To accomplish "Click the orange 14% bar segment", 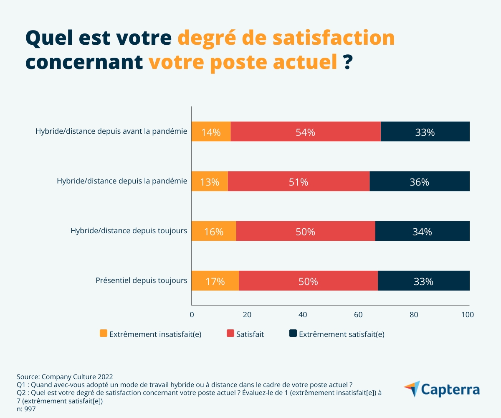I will (x=211, y=132).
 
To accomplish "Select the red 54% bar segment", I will (x=305, y=132).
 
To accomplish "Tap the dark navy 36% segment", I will (x=420, y=181).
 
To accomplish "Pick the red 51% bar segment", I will (x=299, y=181).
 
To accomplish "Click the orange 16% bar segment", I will (x=214, y=231).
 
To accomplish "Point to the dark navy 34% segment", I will (x=422, y=231).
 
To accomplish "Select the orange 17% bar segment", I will (x=215, y=280).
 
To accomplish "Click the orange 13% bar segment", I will (x=210, y=181).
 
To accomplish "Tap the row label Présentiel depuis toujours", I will (x=141, y=280).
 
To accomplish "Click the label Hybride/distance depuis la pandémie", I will (x=121, y=181).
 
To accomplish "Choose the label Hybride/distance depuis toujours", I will (x=129, y=230).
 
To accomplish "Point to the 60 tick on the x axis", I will (x=358, y=315).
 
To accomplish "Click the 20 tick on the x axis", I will (x=247, y=315).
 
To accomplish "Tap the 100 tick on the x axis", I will (x=468, y=315).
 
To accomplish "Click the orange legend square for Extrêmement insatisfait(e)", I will (x=104, y=333).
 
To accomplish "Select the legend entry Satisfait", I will (x=250, y=334).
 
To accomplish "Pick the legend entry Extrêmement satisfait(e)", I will (x=342, y=334).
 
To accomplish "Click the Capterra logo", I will (x=441, y=389).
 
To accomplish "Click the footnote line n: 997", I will (x=26, y=409).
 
